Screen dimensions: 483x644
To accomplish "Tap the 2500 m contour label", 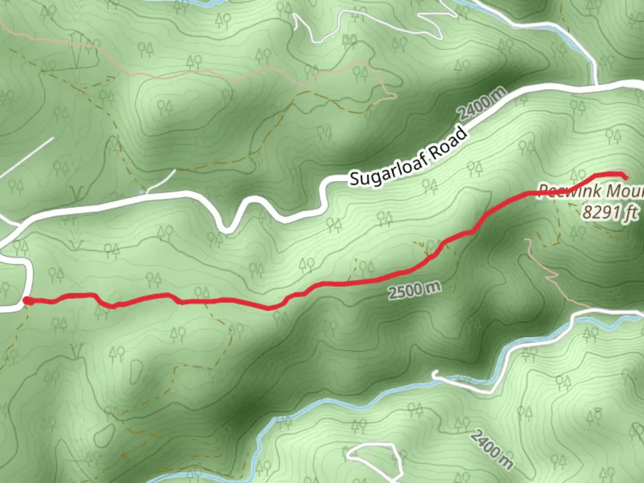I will click(x=414, y=290).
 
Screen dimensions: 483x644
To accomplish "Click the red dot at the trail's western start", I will click(x=28, y=301).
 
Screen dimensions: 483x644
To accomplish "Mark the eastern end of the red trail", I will click(x=625, y=177).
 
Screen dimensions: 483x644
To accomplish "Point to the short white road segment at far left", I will click(x=27, y=157).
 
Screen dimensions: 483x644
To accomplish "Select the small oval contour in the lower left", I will click(x=106, y=432).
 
